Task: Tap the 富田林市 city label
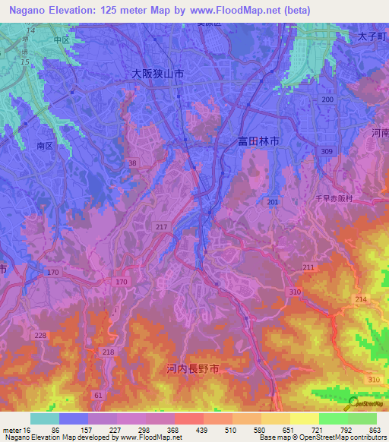[x=258, y=141]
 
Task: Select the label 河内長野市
[x=194, y=369]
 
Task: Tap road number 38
[x=132, y=163]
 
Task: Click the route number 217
[x=160, y=228]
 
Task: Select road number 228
[x=40, y=335]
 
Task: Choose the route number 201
[x=273, y=201]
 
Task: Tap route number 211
[x=308, y=267]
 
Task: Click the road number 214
[x=359, y=300]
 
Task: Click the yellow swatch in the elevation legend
[x=304, y=418]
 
